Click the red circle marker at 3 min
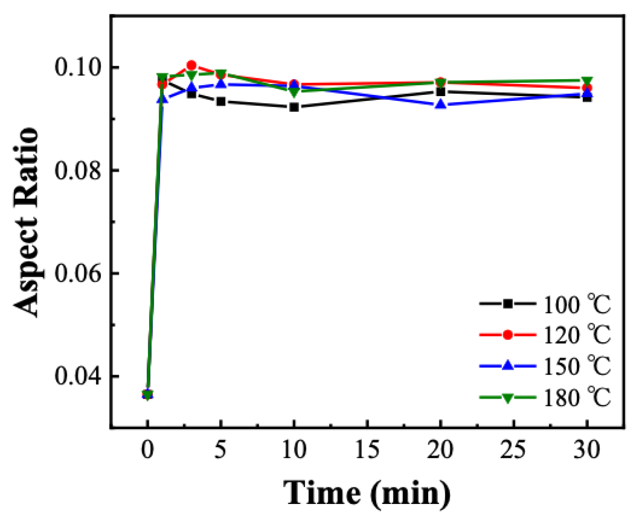click(x=191, y=65)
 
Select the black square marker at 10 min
click(x=294, y=107)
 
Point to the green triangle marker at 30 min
click(x=587, y=81)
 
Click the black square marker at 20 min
click(x=441, y=92)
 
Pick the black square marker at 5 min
click(x=221, y=102)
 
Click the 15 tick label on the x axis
click(x=367, y=450)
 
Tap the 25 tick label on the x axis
click(x=513, y=450)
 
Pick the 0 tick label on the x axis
click(x=147, y=450)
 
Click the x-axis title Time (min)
click(x=367, y=493)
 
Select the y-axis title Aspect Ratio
click(x=26, y=222)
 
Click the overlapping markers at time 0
click(x=147, y=395)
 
